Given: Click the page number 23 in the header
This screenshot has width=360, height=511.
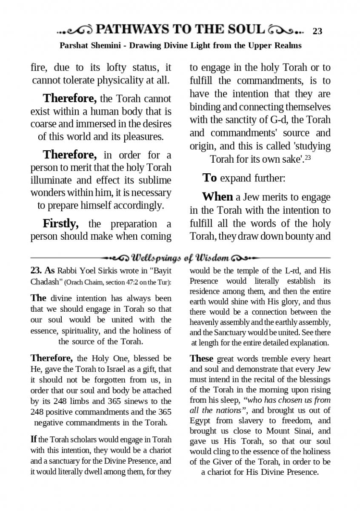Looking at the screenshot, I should click(x=317, y=31).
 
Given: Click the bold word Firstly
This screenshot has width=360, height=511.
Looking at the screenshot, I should click(x=60, y=224).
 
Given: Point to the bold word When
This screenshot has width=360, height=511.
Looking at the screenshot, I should click(x=217, y=197).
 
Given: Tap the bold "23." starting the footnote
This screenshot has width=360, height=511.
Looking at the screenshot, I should click(x=36, y=271).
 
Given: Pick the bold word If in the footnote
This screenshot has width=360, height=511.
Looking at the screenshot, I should click(x=33, y=439).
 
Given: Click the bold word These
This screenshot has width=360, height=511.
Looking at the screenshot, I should click(x=201, y=359).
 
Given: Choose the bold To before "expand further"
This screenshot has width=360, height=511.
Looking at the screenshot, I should click(x=209, y=178).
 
